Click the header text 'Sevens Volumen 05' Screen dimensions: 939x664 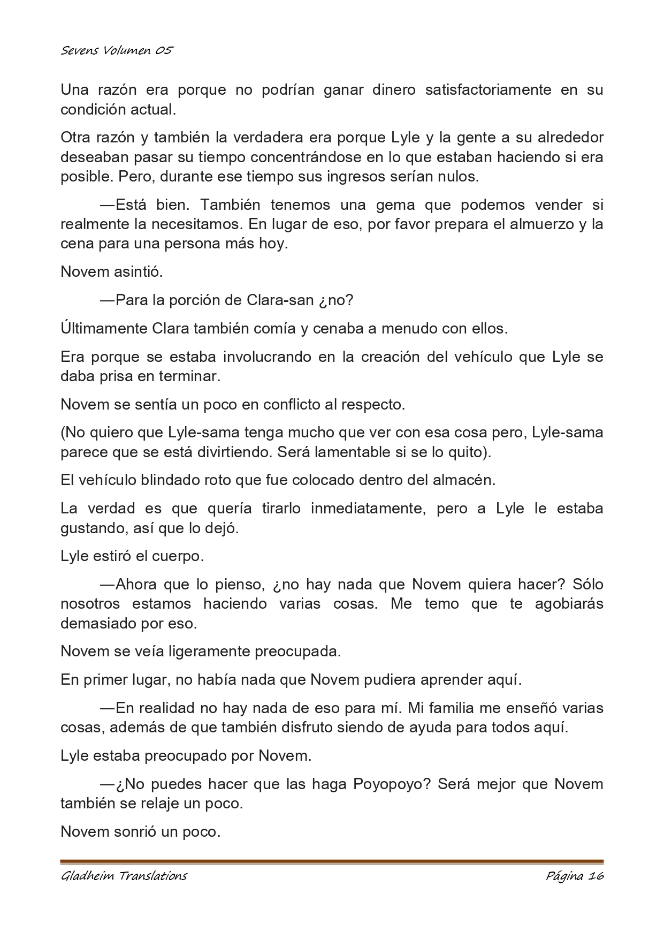pos(117,51)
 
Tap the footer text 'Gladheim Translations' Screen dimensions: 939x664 pos(124,876)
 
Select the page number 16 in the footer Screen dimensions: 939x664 pos(596,876)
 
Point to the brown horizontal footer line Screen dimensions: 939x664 pos(332,862)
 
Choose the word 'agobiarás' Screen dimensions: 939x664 pos(569,604)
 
